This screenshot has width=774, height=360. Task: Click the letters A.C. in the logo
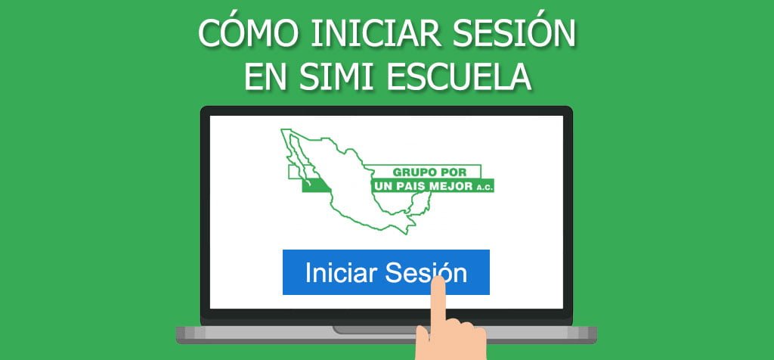484,186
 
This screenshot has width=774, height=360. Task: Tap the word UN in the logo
382,185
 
